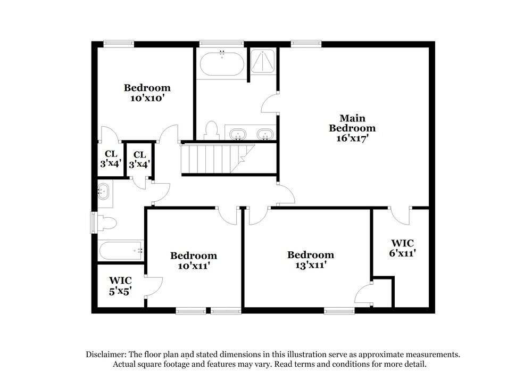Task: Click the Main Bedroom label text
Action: point(352,123)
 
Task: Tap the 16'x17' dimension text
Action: point(348,138)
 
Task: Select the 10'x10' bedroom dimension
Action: point(147,98)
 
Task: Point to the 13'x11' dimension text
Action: point(310,265)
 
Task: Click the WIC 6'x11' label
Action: point(402,249)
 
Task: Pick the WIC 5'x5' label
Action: point(120,285)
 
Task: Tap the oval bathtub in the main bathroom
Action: point(222,64)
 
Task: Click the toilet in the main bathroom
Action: point(212,130)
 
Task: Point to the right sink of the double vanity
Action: point(264,134)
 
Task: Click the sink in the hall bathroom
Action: point(104,191)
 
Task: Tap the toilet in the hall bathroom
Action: point(106,223)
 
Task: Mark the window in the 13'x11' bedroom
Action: point(339,310)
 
